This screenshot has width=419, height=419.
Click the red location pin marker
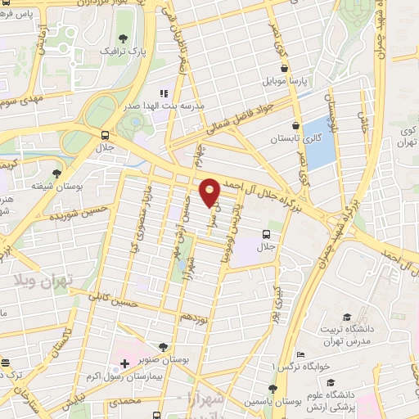click(210, 191)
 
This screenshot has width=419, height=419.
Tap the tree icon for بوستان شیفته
click(56, 173)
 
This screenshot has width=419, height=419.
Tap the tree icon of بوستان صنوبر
click(164, 347)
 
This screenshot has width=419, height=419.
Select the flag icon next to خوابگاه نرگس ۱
click(301, 355)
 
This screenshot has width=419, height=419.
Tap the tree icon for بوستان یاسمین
click(273, 389)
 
